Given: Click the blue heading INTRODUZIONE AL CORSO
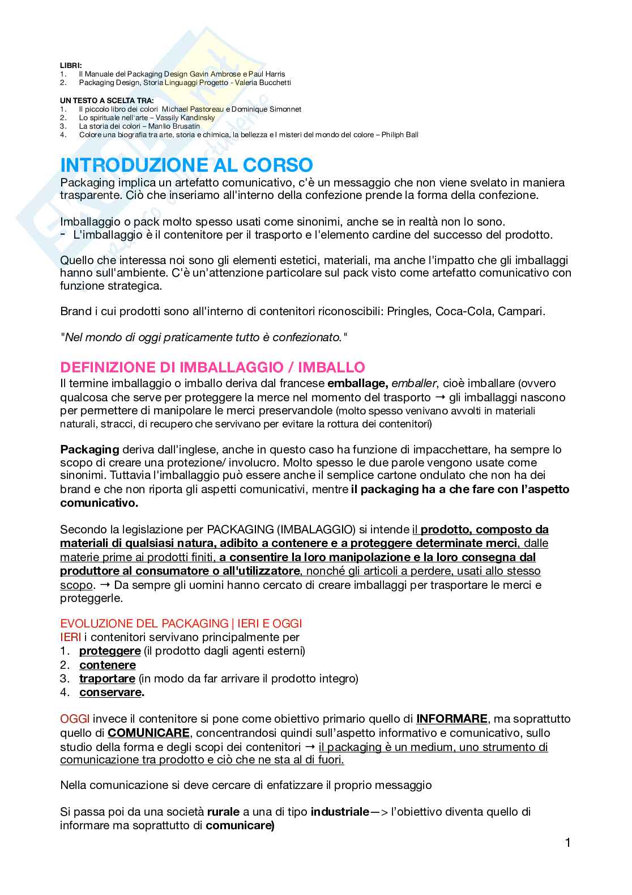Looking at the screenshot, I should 186,165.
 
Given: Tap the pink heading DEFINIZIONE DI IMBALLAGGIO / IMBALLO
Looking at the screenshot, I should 212,367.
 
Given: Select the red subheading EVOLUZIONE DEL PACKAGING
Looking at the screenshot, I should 144,623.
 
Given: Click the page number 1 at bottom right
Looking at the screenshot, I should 567,843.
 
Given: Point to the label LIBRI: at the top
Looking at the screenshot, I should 71,66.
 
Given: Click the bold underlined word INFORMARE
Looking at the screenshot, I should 451,719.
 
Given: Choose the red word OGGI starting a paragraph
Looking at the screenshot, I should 74,719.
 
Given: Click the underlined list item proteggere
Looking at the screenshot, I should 110,651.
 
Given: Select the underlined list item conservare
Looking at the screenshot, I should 110,692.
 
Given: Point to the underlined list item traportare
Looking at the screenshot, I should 107,678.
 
